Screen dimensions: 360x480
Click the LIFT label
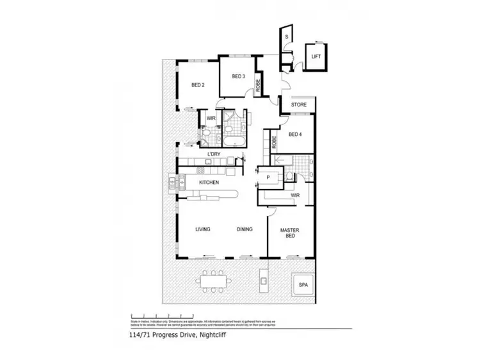[316, 56]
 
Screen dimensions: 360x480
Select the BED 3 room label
[238, 77]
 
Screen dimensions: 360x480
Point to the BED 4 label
[295, 134]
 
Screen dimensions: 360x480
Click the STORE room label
[299, 104]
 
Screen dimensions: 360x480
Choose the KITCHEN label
[209, 183]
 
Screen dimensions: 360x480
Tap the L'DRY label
[213, 154]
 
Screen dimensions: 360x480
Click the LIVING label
[204, 229]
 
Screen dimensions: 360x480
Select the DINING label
[244, 229]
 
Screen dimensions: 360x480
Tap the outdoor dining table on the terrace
[213, 281]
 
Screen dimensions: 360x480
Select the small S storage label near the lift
[287, 37]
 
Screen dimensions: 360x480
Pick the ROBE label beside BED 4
[273, 142]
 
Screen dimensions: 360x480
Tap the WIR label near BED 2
[210, 119]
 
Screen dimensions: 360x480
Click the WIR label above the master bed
[295, 195]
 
